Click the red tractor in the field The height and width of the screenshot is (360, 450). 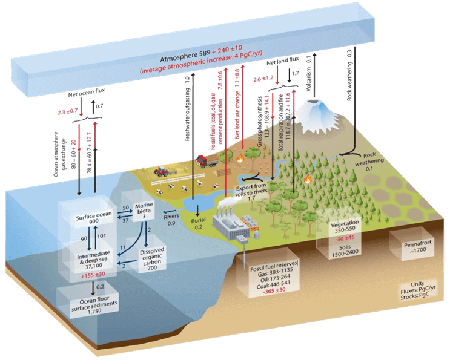(x=163, y=172)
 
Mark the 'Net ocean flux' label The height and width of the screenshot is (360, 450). (x=83, y=95)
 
